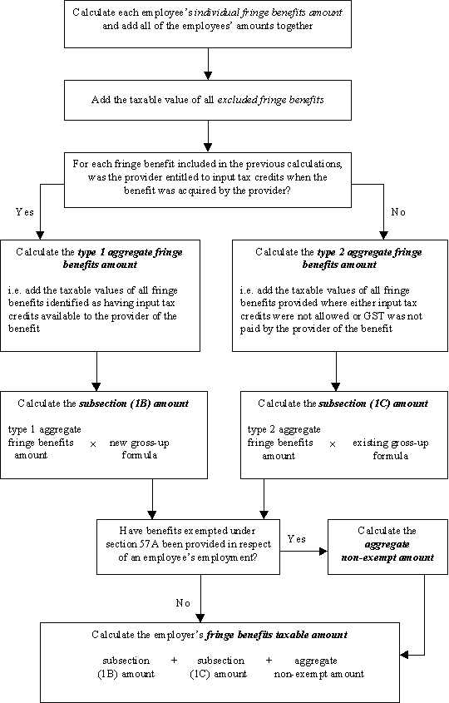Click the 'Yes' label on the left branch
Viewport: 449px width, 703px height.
click(x=25, y=211)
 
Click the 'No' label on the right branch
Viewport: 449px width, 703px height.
click(x=398, y=211)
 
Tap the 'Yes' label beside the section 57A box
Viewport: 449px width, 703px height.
click(x=297, y=538)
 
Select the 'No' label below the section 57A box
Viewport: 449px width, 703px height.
click(x=183, y=603)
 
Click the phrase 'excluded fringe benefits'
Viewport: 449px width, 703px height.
click(x=271, y=100)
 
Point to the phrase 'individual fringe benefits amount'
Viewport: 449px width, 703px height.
click(x=269, y=12)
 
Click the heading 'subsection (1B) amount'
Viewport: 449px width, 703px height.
click(x=134, y=403)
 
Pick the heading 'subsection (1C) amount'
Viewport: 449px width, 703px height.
click(x=373, y=403)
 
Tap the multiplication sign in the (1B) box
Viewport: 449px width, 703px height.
click(x=93, y=444)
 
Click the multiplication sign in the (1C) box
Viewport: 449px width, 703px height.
click(x=333, y=444)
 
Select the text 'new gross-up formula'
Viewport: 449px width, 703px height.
click(x=140, y=448)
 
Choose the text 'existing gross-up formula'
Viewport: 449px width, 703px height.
click(x=390, y=449)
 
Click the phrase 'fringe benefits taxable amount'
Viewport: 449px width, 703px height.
click(x=277, y=635)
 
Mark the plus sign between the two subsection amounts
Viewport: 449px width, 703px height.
click(x=175, y=660)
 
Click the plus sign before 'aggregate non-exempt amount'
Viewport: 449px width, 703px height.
click(x=269, y=660)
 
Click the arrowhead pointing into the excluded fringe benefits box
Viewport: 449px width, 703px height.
click(x=208, y=76)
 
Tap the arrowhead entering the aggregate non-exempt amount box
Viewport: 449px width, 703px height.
click(x=323, y=552)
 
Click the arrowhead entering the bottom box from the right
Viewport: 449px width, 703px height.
click(x=404, y=655)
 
